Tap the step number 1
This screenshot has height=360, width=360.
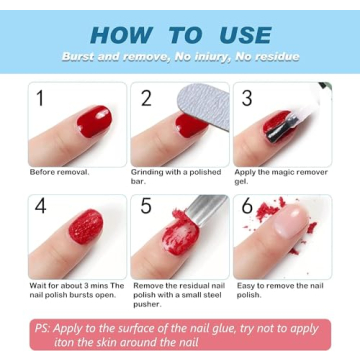click(x=41, y=98)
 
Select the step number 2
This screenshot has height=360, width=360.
click(x=147, y=98)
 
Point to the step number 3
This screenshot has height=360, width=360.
click(x=247, y=98)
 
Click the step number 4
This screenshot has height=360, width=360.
click(x=41, y=207)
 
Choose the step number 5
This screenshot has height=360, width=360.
click(x=146, y=207)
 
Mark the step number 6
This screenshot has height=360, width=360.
click(x=247, y=207)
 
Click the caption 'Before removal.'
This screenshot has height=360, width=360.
click(x=59, y=172)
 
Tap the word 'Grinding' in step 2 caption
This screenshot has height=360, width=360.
click(x=147, y=172)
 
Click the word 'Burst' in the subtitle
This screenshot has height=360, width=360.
click(x=79, y=57)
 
